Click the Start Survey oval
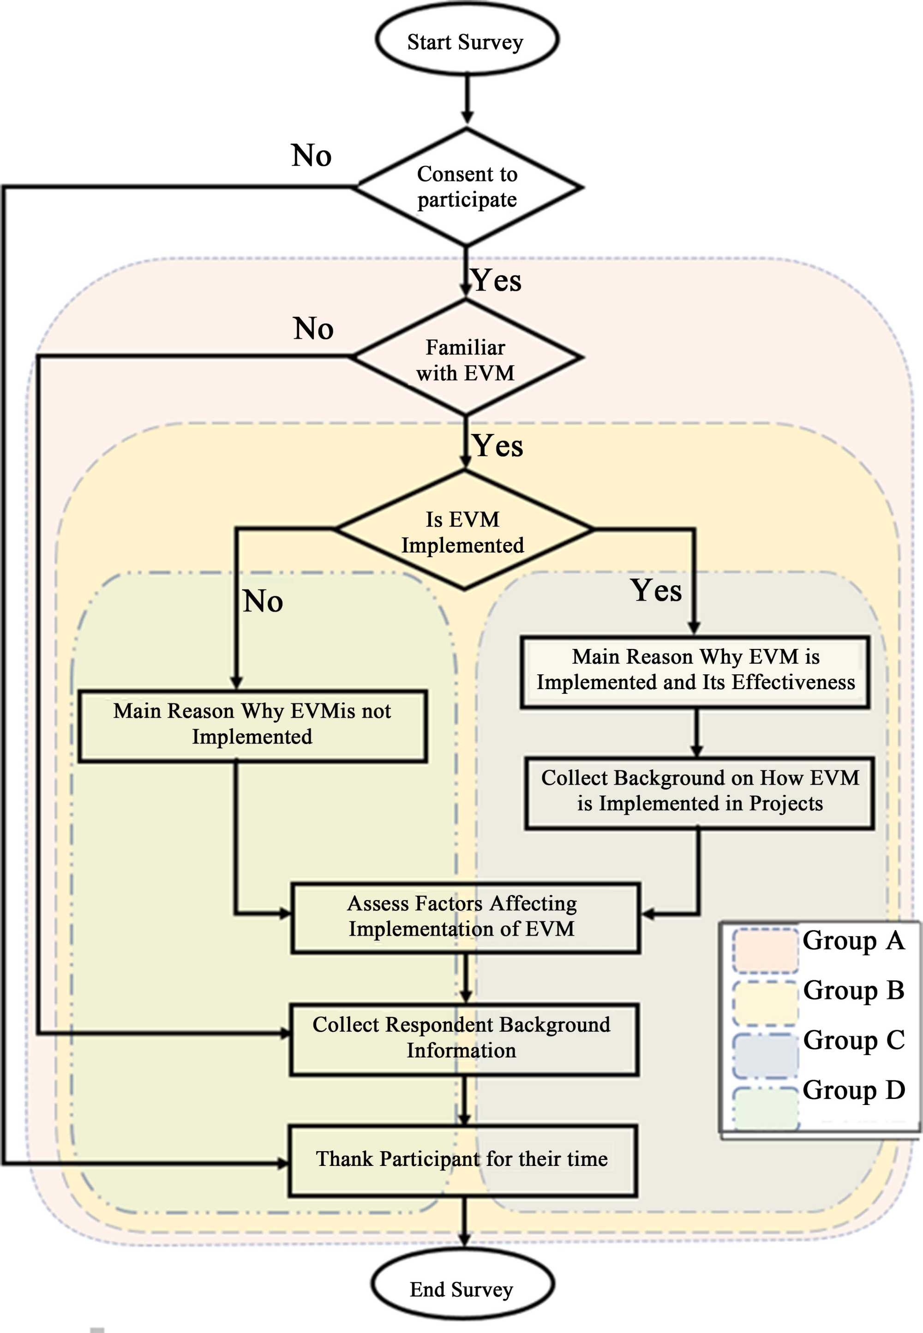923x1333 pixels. point(467,41)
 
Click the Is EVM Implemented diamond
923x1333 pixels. point(464,531)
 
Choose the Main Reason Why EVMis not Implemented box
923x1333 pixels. point(253,725)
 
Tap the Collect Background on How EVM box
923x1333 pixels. point(699,792)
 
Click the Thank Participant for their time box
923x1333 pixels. point(463,1159)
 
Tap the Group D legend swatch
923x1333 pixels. point(765,1107)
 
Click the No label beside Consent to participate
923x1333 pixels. point(312,156)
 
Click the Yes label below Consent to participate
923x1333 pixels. point(497,281)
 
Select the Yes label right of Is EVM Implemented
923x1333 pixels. point(656,590)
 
